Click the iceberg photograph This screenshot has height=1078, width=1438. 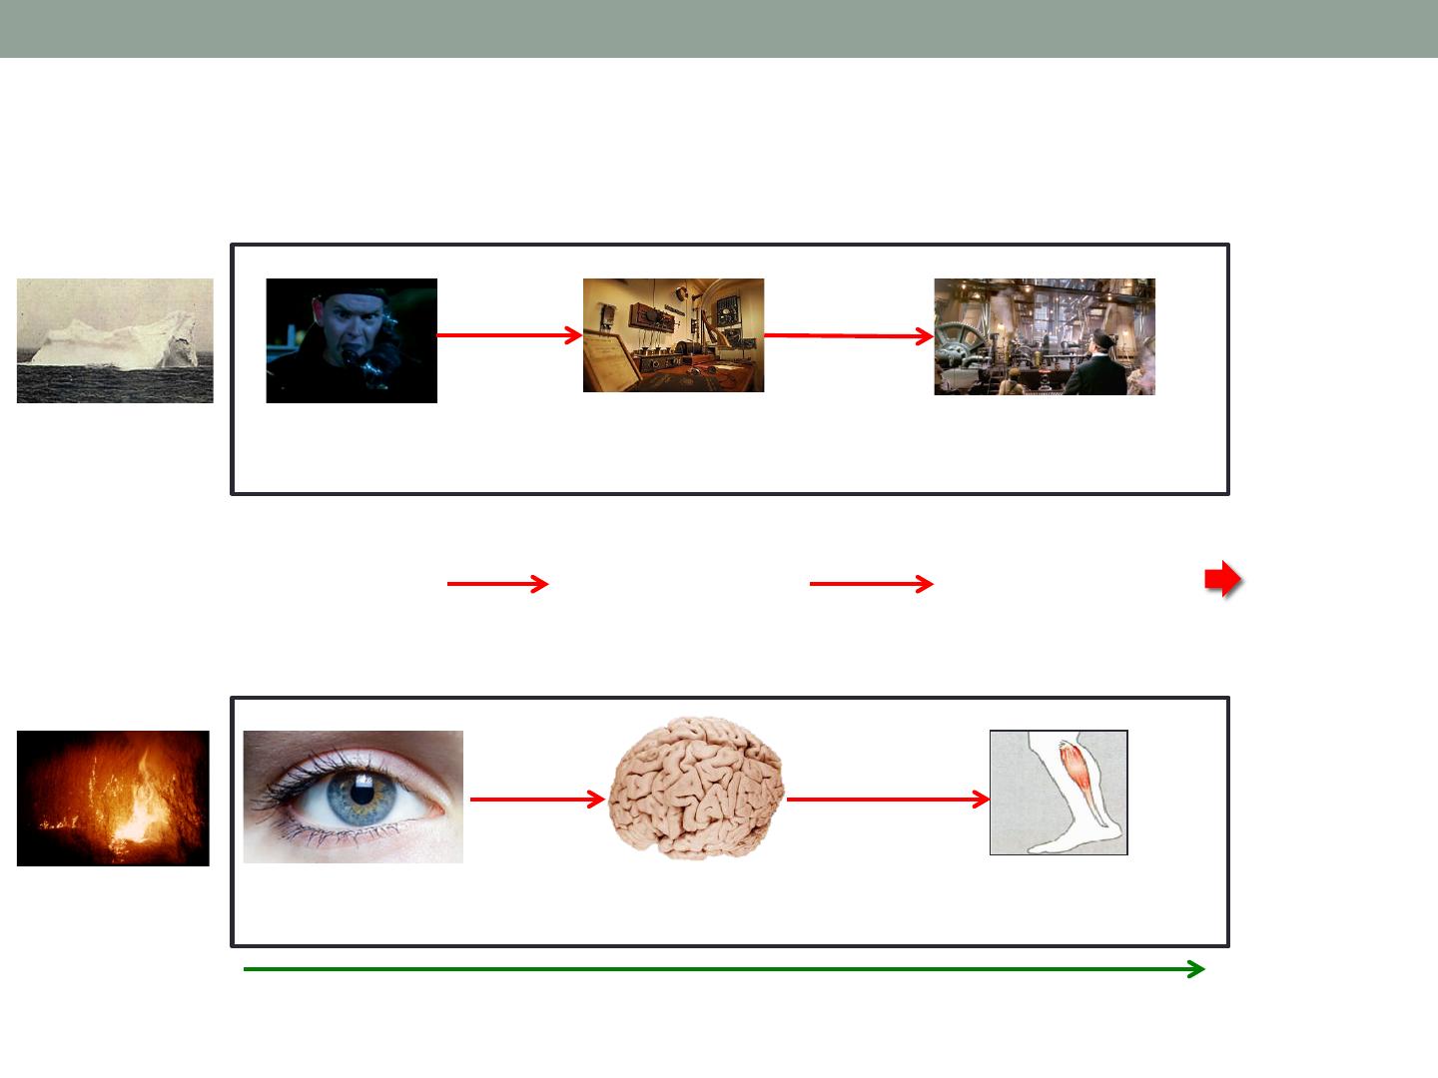(x=115, y=340)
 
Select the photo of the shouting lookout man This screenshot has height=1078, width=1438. (x=352, y=340)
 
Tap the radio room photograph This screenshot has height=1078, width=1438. (x=673, y=335)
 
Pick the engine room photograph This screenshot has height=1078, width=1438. (x=1044, y=336)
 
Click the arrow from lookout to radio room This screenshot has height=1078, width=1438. (x=509, y=336)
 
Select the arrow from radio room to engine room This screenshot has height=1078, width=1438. (x=849, y=336)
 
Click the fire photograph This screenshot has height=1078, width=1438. (x=113, y=798)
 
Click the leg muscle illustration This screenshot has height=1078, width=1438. (x=1059, y=793)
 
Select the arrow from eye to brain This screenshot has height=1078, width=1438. (x=537, y=800)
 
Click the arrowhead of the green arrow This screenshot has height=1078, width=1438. (x=1196, y=969)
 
